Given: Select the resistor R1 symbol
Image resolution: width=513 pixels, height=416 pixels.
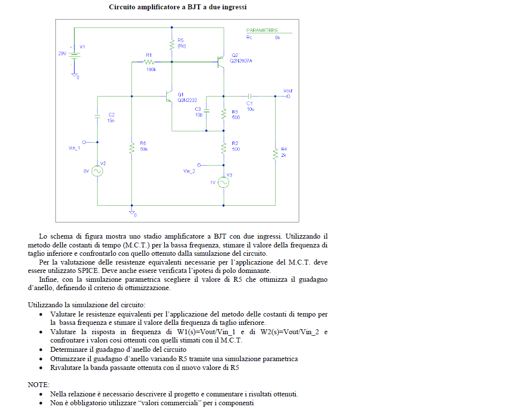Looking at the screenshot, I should tap(149, 62).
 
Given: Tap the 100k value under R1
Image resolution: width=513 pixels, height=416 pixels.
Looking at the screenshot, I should tap(151, 70).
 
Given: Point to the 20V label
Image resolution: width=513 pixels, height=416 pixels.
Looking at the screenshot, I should tap(62, 54).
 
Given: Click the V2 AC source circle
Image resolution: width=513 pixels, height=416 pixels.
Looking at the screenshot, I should tap(97, 171).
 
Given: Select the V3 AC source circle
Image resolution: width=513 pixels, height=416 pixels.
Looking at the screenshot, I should tap(224, 182).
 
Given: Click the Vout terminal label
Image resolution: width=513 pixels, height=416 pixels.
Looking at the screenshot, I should tap(288, 91).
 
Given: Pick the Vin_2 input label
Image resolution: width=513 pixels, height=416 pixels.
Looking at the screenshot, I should tap(189, 171).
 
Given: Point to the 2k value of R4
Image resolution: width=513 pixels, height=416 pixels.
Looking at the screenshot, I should tap(283, 155).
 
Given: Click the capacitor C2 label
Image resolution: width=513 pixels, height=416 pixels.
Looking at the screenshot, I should tap(111, 114).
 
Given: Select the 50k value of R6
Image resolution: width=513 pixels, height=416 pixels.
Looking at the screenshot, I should tap(144, 148).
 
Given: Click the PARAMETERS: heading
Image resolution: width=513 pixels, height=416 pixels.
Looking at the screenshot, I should tap(262, 30).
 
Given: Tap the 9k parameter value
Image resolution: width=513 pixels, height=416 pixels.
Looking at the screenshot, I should tap(278, 37).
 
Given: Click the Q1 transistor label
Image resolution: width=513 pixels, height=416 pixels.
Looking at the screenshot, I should tap(180, 94).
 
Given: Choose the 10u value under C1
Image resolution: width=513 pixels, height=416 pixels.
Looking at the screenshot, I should tap(250, 109).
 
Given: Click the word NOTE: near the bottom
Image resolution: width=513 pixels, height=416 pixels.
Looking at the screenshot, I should tap(39, 385).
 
